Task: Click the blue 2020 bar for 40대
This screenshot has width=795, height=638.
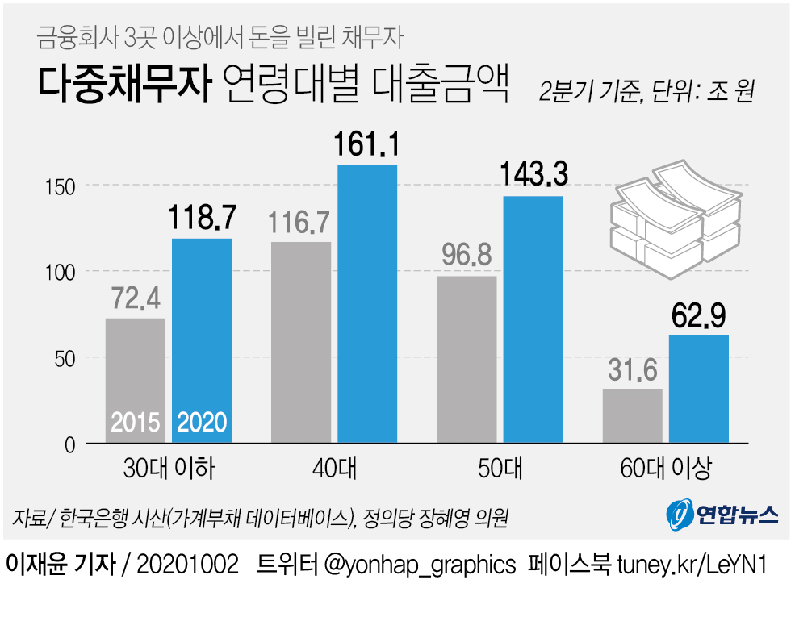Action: point(367,304)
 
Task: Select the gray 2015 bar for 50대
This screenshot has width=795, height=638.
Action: point(467,360)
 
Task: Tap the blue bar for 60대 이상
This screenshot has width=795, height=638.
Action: point(699,389)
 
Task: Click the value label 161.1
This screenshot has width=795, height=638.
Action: point(367,146)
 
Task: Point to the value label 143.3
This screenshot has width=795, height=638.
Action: point(533,175)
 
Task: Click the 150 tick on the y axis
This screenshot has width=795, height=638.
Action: point(59,186)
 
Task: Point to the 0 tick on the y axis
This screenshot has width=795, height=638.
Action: point(69,444)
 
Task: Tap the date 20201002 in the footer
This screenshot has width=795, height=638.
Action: point(188,564)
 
